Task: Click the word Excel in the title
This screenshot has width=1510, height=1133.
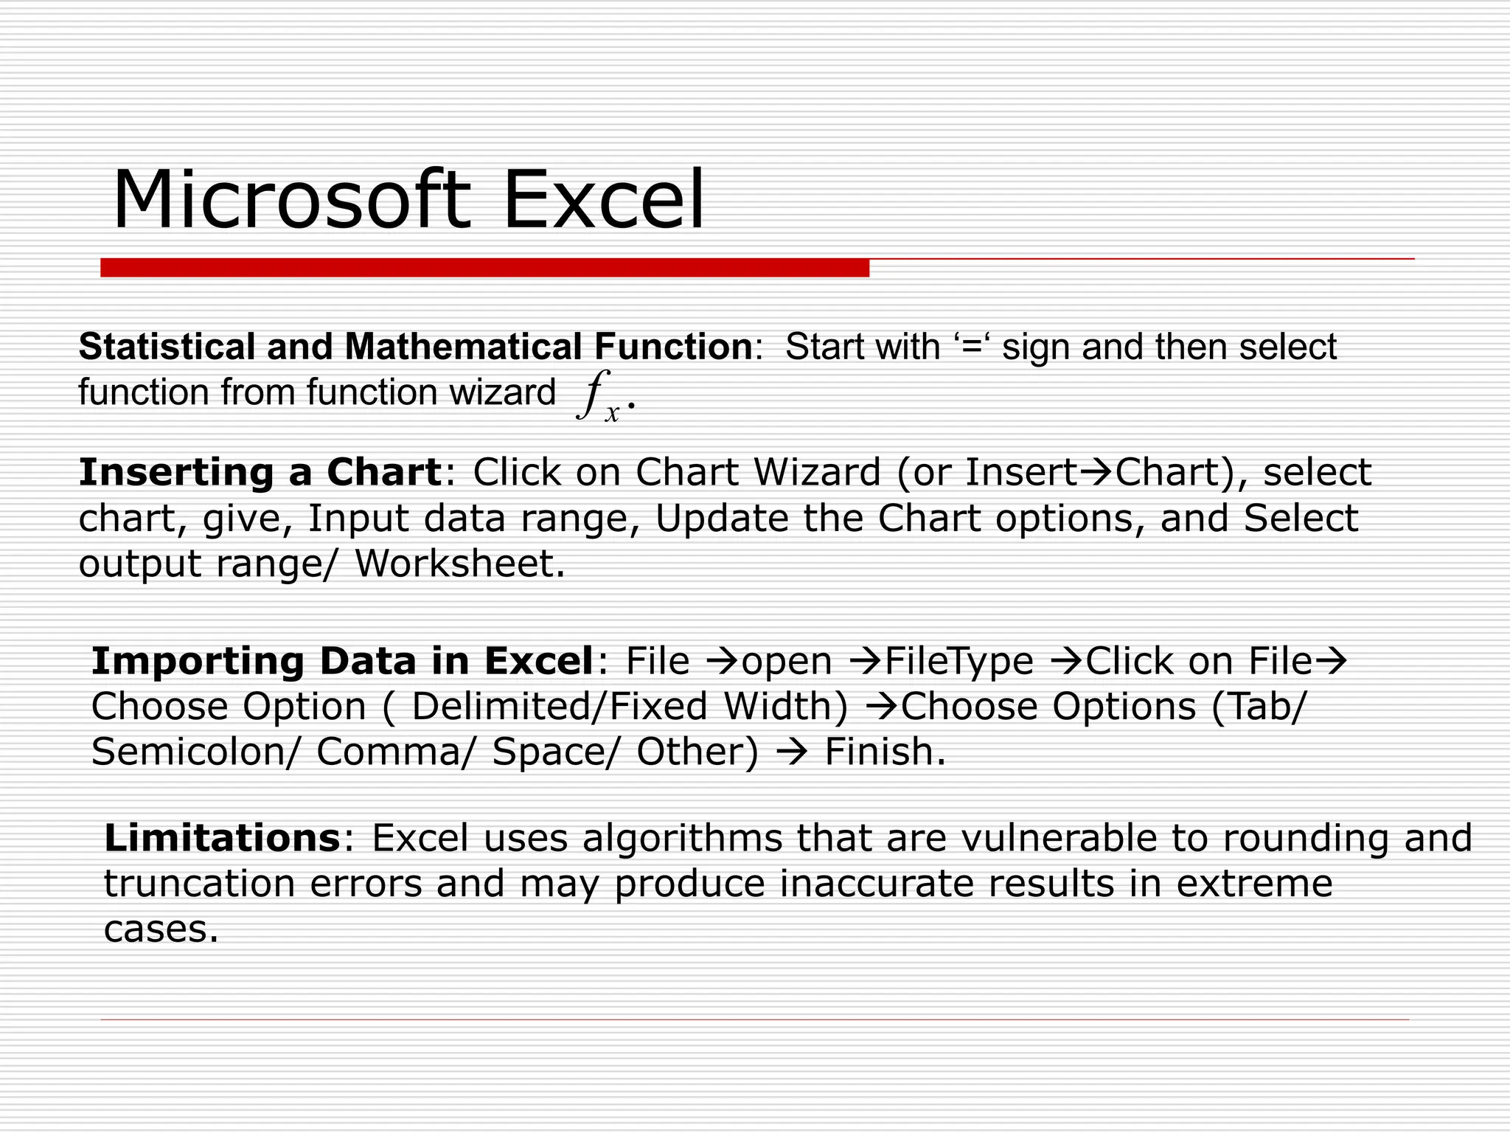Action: point(603,201)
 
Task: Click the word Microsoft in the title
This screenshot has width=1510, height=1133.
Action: point(290,201)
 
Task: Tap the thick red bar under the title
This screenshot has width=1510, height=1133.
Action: point(484,268)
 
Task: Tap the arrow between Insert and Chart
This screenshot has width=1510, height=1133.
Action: point(1096,473)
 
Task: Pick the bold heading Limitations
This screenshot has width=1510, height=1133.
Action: point(222,838)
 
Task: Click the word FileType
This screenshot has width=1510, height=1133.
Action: point(958,661)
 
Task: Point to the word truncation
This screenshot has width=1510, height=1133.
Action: point(199,884)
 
